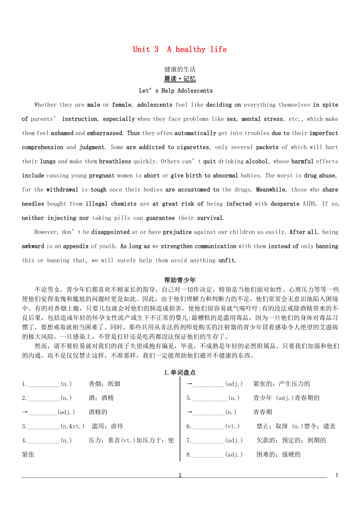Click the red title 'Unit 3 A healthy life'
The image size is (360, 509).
pos(180,49)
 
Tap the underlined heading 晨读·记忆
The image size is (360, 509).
pos(180,79)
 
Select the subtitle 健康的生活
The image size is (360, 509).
pos(180,69)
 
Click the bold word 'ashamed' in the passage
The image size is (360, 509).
pos(62,133)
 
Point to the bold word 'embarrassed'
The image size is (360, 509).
pos(104,133)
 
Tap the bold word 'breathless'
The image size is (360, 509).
pos(115,161)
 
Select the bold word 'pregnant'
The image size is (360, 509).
pos(102,176)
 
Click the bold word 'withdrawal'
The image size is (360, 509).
pos(62,190)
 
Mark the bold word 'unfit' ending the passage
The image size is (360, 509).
pos(227,260)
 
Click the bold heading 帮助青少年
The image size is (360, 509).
pos(180,280)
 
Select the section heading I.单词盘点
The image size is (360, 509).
pos(180,373)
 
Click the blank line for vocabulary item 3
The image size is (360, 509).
pos(44,427)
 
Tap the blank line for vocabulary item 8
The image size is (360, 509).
pos(209,455)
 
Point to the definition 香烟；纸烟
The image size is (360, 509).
pos(104,384)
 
